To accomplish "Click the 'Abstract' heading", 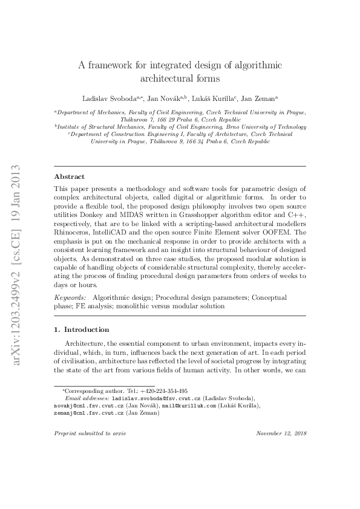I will coord(70,177).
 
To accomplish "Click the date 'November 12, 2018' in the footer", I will coord(281,433).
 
